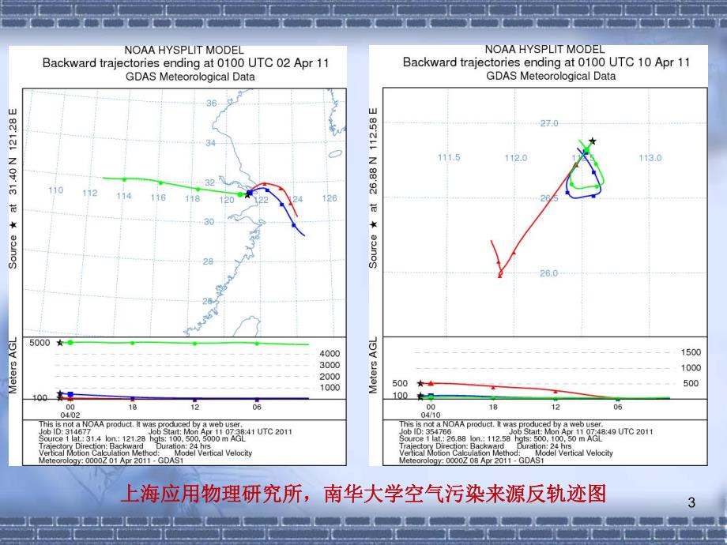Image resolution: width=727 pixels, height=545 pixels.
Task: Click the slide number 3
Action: (692, 503)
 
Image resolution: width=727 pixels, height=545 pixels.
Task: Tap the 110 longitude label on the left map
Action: (55, 190)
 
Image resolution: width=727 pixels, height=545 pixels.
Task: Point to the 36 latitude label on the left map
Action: (211, 103)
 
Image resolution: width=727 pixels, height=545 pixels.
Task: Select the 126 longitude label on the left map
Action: (330, 198)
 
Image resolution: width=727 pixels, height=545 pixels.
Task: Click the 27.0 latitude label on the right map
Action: (549, 124)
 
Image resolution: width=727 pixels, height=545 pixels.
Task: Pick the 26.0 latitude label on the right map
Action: (548, 273)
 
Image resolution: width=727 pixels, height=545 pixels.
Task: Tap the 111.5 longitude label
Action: (449, 157)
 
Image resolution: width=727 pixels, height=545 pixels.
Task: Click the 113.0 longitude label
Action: (650, 158)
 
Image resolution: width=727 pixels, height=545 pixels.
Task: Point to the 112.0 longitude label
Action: (515, 158)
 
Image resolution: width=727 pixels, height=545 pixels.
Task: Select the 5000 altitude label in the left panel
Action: (40, 343)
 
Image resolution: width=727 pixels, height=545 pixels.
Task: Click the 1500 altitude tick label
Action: (691, 353)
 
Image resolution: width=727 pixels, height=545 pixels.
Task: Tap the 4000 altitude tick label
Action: (330, 354)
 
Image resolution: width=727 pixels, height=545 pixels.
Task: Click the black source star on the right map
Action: (592, 141)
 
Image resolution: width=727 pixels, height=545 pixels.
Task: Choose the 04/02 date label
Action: (70, 415)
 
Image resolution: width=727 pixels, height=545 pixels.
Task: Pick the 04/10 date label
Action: (430, 415)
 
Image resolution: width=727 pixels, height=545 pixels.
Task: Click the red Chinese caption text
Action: (363, 494)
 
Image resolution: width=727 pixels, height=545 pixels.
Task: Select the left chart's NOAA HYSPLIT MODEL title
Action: (182, 49)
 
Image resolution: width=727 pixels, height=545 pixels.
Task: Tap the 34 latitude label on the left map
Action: (210, 143)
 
